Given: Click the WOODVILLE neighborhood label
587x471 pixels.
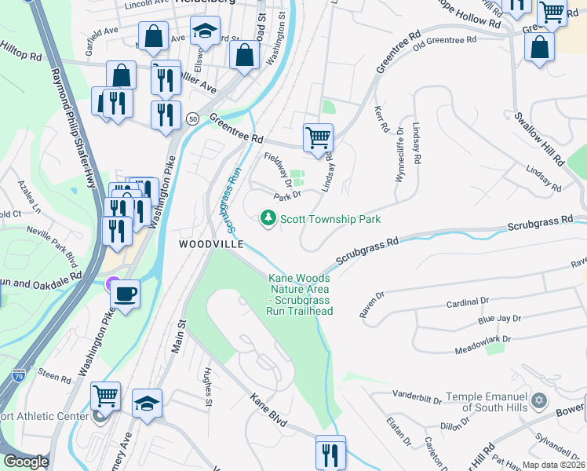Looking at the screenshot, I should pos(207,244).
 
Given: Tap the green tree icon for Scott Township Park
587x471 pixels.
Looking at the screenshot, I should pos(268,218).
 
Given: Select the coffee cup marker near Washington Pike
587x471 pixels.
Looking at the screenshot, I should pos(125,294).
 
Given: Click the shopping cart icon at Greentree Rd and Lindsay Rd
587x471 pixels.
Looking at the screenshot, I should pos(318,137).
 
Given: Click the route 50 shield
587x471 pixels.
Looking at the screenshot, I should pos(192,118).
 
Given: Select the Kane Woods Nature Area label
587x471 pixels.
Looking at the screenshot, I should pos(301,294).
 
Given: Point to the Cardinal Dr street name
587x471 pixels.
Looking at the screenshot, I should pos(467,301).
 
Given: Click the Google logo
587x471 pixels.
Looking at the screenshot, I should pos(26,462).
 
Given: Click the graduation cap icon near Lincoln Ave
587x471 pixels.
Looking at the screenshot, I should pos(205,33).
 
